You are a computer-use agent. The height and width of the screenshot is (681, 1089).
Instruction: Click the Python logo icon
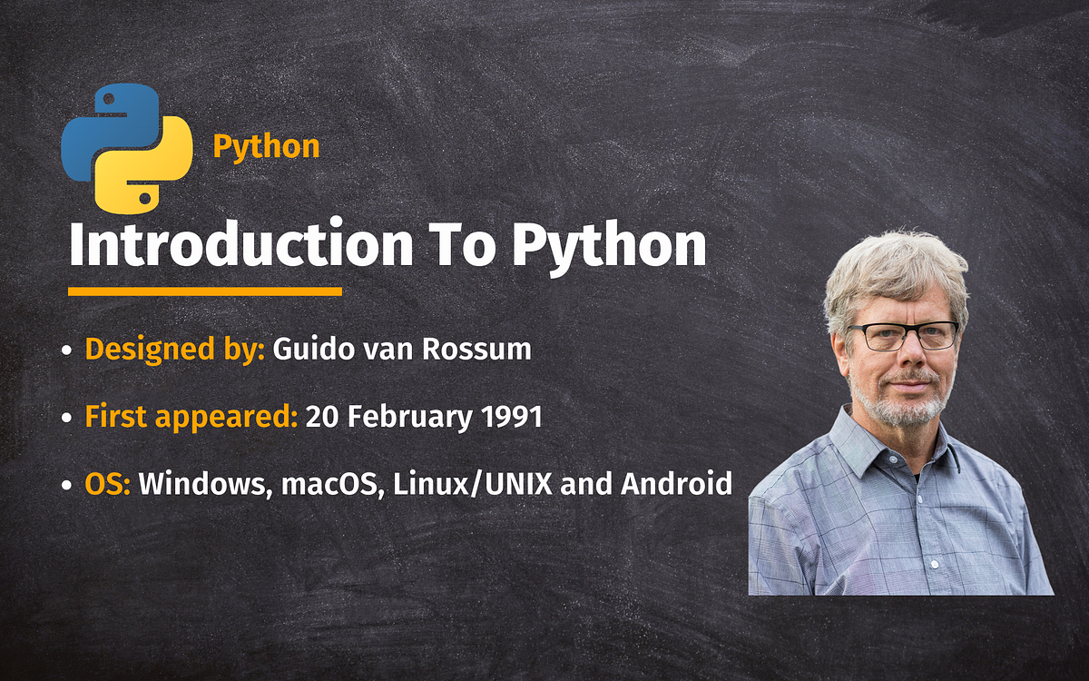click(x=127, y=147)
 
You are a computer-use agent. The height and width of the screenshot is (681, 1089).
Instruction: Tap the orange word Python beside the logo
click(x=266, y=146)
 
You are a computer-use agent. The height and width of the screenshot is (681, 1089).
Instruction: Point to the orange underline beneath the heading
click(x=205, y=291)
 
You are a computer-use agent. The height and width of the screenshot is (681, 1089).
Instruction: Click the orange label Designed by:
click(x=174, y=350)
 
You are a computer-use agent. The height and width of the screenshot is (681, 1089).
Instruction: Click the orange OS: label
click(x=108, y=484)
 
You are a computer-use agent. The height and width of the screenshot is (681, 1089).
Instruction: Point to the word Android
click(x=676, y=484)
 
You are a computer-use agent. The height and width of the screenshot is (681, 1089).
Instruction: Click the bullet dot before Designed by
click(x=68, y=350)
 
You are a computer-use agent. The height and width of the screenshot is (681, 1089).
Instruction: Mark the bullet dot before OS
click(x=68, y=485)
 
